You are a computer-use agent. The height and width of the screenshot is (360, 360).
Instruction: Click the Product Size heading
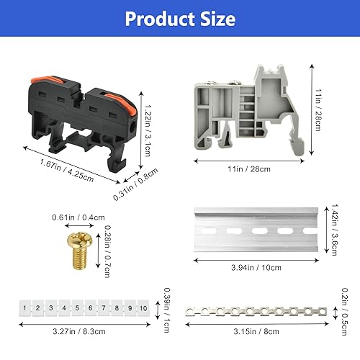(180, 19)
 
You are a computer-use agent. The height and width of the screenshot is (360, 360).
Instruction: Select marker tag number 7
(104, 307)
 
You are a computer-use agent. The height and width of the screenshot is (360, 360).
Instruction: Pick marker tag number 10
(143, 307)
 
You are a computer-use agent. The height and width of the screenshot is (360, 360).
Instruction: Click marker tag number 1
(24, 307)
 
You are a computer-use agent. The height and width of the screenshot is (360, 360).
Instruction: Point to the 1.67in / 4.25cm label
(67, 171)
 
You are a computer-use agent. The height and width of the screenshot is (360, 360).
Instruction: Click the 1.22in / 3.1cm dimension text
(148, 131)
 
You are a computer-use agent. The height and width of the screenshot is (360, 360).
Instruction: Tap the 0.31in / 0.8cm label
(135, 184)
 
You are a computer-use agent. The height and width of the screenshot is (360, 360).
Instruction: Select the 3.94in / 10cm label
(256, 267)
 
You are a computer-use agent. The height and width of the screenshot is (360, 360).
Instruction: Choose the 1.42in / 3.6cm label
(334, 230)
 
